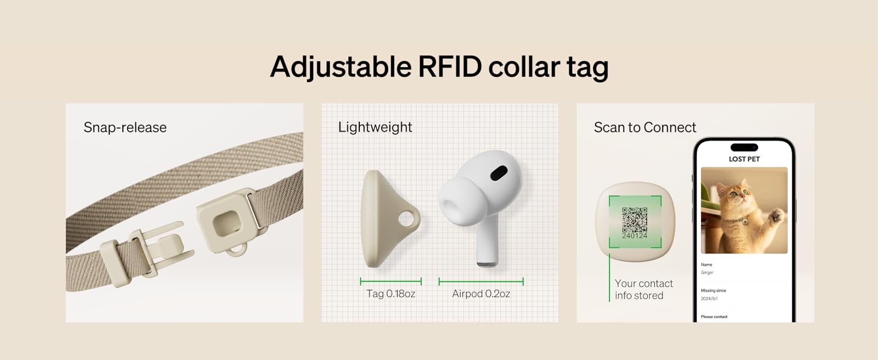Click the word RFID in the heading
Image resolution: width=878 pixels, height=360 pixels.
[x=450, y=67]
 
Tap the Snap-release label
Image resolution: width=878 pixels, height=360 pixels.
[x=125, y=127]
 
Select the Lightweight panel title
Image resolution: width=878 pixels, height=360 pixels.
[x=375, y=127]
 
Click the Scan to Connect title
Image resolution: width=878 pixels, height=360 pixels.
[x=645, y=127]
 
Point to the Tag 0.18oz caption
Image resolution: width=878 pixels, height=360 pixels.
[x=391, y=294]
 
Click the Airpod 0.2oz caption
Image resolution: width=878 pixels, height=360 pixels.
[x=481, y=294]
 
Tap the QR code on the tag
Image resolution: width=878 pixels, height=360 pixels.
[x=635, y=220]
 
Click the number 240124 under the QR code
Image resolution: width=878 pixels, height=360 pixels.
[x=635, y=236]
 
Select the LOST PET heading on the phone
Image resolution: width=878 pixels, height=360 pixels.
[x=744, y=159]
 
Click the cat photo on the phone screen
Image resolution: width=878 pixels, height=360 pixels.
[x=744, y=210]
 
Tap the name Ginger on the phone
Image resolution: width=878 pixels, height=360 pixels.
[x=707, y=272]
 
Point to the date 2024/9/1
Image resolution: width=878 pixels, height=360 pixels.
[x=709, y=298]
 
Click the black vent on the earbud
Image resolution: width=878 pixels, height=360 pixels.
[x=498, y=173]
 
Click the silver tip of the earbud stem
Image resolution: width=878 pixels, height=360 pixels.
[x=488, y=265]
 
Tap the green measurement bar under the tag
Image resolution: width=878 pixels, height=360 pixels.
[x=391, y=281]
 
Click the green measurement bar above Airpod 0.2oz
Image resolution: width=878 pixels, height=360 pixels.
[x=481, y=281]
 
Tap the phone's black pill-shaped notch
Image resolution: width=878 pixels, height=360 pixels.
[x=744, y=148]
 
